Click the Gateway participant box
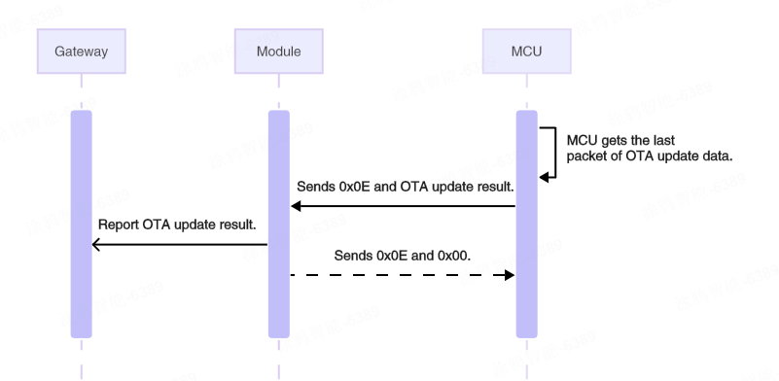point(82,51)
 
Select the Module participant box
point(278,51)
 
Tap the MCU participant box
point(526,51)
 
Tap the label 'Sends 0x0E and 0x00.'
point(400,256)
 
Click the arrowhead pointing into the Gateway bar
point(95,245)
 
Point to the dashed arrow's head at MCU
point(508,275)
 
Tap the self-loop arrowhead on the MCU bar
point(544,177)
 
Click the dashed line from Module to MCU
point(399,275)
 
